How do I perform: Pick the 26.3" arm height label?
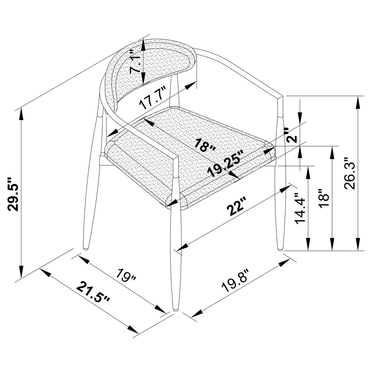350,174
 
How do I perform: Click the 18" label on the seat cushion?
205,146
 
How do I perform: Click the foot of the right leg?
280,249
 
